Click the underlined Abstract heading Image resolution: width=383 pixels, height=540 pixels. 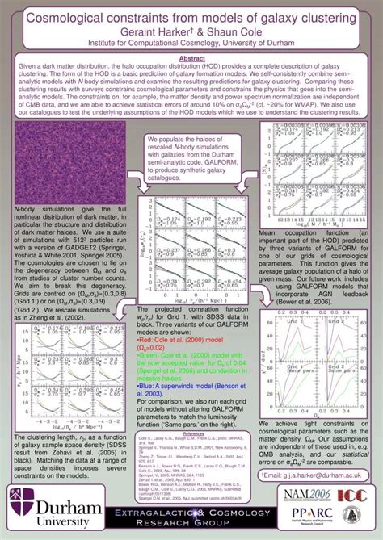191,58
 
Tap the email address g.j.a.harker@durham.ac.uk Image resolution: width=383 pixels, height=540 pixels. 318,453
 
